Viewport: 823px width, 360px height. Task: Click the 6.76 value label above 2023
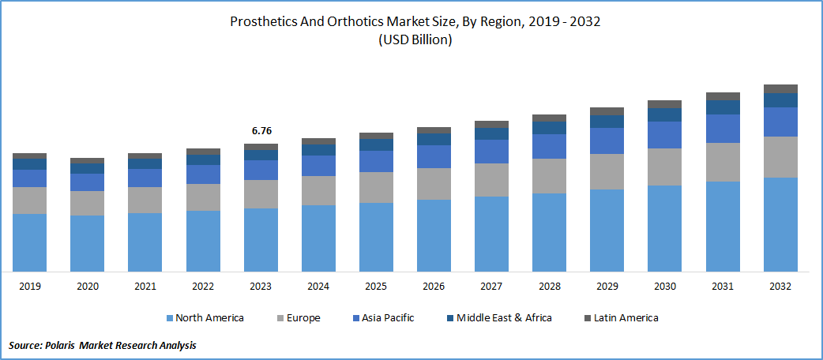point(261,131)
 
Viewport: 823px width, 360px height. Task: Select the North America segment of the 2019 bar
point(29,242)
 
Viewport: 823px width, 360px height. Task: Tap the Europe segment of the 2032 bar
point(780,157)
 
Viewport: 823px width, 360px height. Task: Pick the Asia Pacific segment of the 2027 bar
point(491,152)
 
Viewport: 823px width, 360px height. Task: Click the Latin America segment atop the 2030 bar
point(664,104)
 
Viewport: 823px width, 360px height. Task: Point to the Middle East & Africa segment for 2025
point(376,144)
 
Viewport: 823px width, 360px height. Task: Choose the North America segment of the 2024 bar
point(318,238)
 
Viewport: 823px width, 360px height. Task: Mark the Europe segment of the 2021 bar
point(145,200)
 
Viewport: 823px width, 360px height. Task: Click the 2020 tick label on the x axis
point(87,286)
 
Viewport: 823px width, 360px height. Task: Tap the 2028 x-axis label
point(549,286)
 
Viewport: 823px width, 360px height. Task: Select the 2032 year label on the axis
point(780,286)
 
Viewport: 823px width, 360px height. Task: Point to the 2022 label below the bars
point(203,286)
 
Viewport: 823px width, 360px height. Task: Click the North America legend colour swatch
point(170,318)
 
